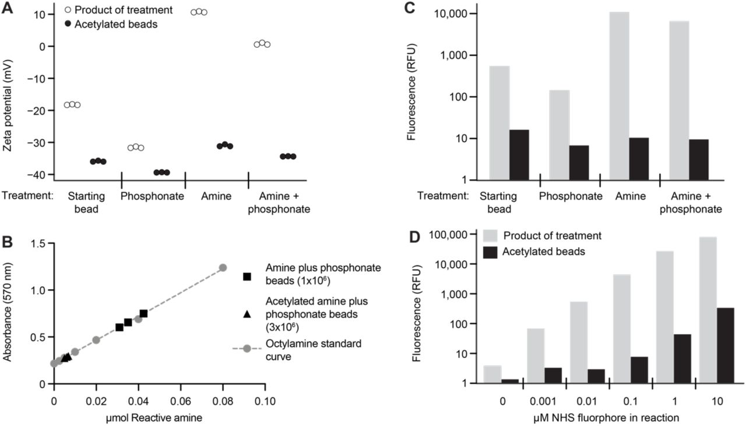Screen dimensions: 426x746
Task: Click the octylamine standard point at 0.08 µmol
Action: point(223,268)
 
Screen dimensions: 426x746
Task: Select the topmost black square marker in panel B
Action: point(143,314)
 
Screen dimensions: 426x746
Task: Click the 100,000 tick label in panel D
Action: point(451,235)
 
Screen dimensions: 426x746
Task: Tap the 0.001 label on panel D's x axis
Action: point(544,402)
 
